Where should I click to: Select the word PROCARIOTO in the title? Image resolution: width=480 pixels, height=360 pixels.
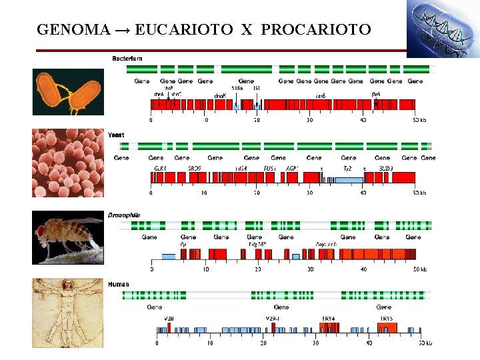316,29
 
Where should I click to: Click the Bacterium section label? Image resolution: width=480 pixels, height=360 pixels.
127,59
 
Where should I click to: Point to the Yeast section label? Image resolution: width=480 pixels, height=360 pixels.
116,135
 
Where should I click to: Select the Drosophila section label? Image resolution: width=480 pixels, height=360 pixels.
124,215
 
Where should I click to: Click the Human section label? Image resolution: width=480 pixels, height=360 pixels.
119,285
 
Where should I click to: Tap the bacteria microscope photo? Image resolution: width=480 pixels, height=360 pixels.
68,92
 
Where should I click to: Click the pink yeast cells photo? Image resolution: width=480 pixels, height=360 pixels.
68,163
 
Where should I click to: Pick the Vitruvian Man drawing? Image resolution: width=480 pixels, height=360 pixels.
68,313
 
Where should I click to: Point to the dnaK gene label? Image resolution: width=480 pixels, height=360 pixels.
220,95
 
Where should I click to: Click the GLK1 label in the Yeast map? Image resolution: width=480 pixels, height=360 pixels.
161,169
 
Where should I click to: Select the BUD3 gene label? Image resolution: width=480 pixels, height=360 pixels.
385,169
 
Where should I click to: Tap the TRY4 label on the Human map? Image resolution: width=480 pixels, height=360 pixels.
329,319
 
